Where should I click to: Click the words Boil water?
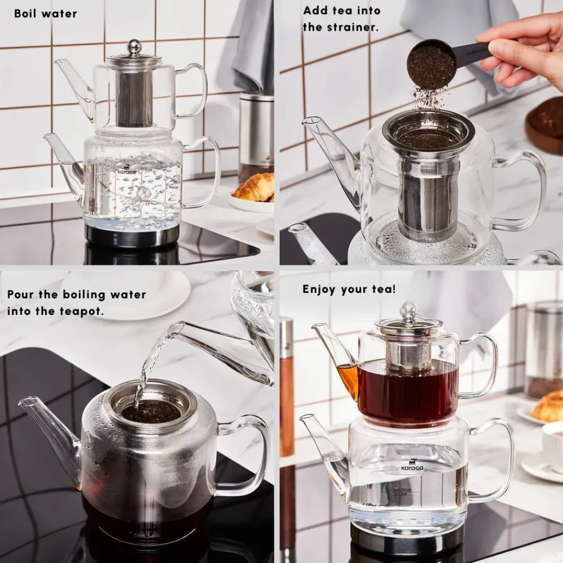coord(46,13)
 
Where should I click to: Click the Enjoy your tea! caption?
coord(349,289)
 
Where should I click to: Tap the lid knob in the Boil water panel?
coord(134,47)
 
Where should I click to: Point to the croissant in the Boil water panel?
coord(254,187)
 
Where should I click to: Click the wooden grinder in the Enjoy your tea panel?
coord(287,388)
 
